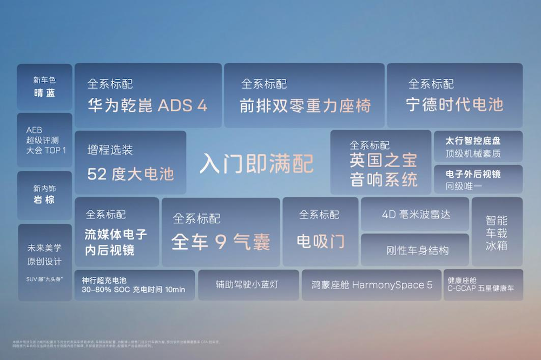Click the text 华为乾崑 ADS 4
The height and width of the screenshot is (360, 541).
147,105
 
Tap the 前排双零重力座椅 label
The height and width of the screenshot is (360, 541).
305,105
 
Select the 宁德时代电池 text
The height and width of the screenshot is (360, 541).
454,104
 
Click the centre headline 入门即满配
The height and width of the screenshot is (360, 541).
256,163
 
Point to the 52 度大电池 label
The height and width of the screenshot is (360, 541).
130,174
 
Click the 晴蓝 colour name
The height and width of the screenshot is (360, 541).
44,92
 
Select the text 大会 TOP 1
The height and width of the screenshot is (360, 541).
46,150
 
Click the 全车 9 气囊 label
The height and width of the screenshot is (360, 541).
220,242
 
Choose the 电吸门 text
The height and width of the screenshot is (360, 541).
320,241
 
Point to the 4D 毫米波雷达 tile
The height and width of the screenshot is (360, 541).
415,214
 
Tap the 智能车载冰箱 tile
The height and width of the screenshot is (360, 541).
497,233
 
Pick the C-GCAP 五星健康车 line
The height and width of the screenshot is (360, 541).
480,289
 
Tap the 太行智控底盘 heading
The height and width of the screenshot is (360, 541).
473,141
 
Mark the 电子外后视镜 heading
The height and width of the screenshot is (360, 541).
473,174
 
